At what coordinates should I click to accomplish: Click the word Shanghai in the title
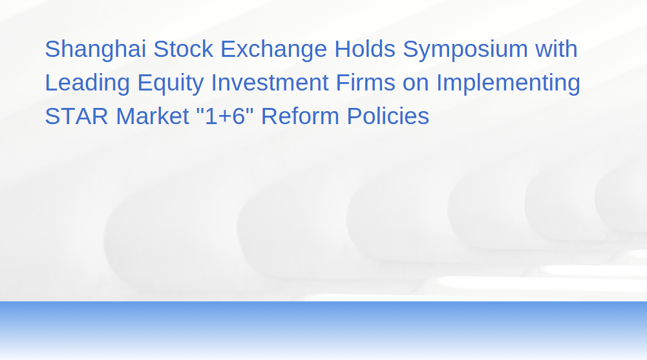[x=95, y=50]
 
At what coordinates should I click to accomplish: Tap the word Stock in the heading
[x=183, y=48]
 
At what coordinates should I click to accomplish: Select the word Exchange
[x=273, y=50]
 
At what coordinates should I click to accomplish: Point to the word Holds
[x=365, y=48]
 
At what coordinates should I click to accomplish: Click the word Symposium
[x=465, y=50]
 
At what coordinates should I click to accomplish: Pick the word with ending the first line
[x=557, y=48]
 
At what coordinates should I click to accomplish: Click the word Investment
[x=270, y=82]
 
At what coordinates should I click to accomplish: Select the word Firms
[x=366, y=82]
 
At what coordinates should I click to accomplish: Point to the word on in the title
[x=416, y=85]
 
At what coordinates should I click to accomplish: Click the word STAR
[x=76, y=116]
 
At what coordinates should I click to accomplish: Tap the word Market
[x=153, y=116]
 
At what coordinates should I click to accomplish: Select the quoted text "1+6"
[x=226, y=116]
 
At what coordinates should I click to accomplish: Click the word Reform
[x=300, y=116]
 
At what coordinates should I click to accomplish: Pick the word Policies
[x=388, y=116]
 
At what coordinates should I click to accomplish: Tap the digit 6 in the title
[x=239, y=116]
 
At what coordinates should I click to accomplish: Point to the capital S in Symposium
[x=410, y=48]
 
